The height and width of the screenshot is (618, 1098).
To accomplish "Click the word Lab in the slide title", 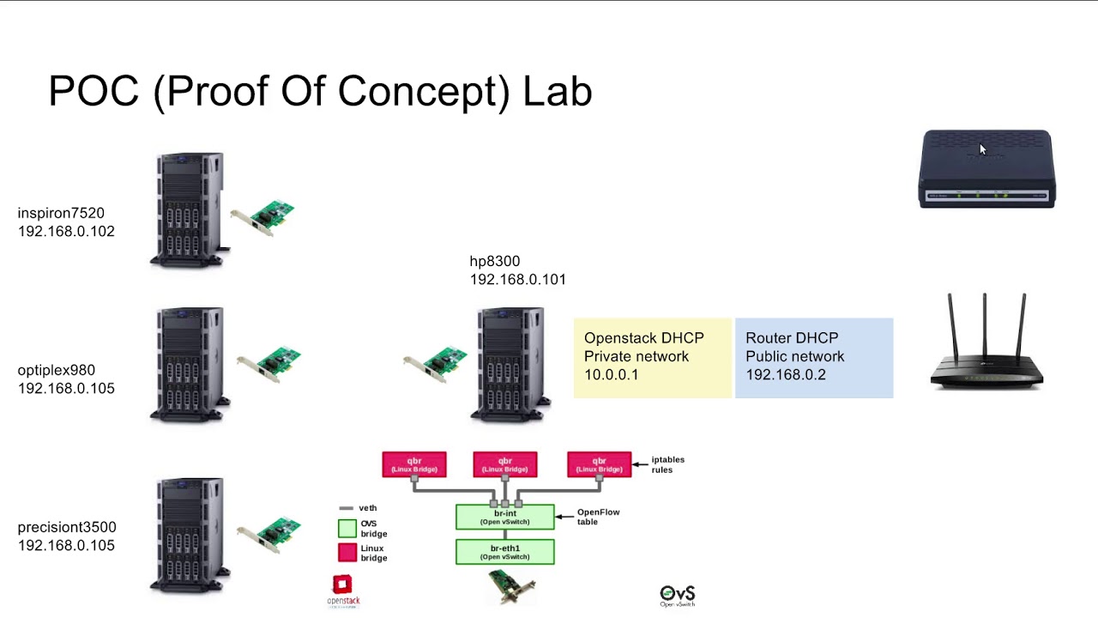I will click(558, 91).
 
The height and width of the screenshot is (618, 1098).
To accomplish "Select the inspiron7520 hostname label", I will click(61, 213).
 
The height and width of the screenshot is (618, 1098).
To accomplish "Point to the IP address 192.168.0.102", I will click(66, 232).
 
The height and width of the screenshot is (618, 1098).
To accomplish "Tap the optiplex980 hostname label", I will click(57, 370).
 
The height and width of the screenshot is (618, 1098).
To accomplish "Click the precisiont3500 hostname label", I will click(67, 527).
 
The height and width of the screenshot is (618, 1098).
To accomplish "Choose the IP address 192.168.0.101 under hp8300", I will click(517, 280).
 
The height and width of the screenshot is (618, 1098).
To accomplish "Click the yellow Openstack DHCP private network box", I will click(653, 357).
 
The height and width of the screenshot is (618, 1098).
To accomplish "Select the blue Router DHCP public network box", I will click(814, 357).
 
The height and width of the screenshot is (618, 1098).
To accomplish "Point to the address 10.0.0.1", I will click(611, 375).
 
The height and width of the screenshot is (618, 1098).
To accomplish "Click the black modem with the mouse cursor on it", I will click(987, 169).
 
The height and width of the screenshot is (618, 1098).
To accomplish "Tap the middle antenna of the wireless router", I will click(985, 326).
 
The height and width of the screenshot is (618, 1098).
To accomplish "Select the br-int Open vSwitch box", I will click(505, 517).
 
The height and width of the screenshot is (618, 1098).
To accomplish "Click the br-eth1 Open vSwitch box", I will click(505, 552).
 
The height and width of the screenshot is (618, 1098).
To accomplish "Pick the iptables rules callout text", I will click(667, 464).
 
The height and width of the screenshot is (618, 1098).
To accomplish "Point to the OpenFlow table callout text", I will click(598, 517).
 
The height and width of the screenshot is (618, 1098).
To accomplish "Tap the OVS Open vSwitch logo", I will click(677, 595).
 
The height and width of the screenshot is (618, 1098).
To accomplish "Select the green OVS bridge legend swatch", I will click(347, 528).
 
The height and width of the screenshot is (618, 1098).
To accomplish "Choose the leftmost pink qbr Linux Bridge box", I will click(414, 465).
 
